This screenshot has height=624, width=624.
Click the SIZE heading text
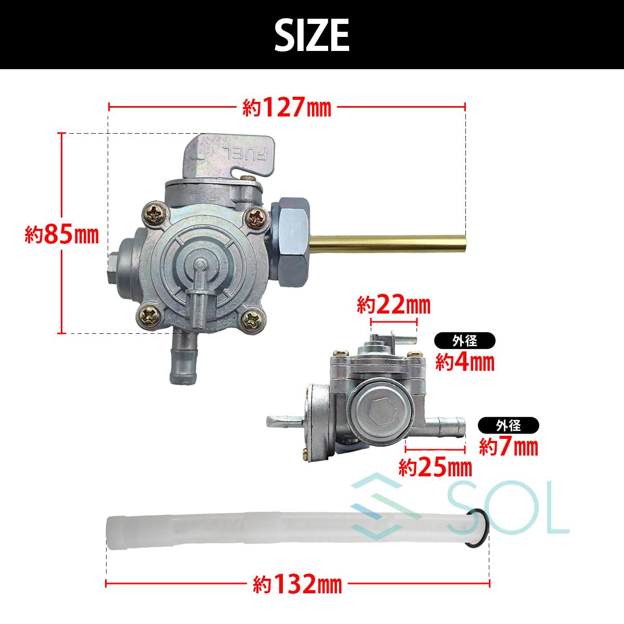[312, 35]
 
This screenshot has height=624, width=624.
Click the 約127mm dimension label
[287, 107]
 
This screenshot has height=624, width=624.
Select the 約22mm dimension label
[394, 305]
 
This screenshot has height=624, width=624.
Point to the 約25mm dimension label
[435, 467]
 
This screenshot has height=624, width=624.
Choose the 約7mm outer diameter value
[509, 447]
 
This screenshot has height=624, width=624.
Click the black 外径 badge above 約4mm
[465, 341]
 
